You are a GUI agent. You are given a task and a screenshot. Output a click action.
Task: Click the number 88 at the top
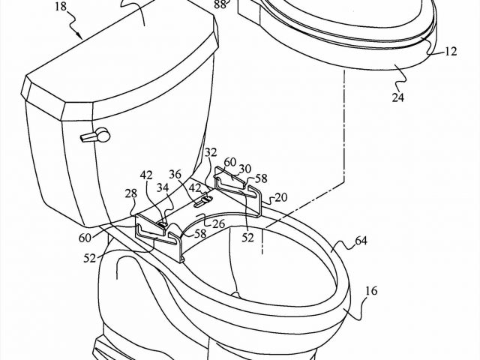pyautogui.click(x=221, y=4)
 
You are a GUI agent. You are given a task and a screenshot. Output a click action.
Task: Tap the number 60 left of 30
pyautogui.click(x=229, y=163)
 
